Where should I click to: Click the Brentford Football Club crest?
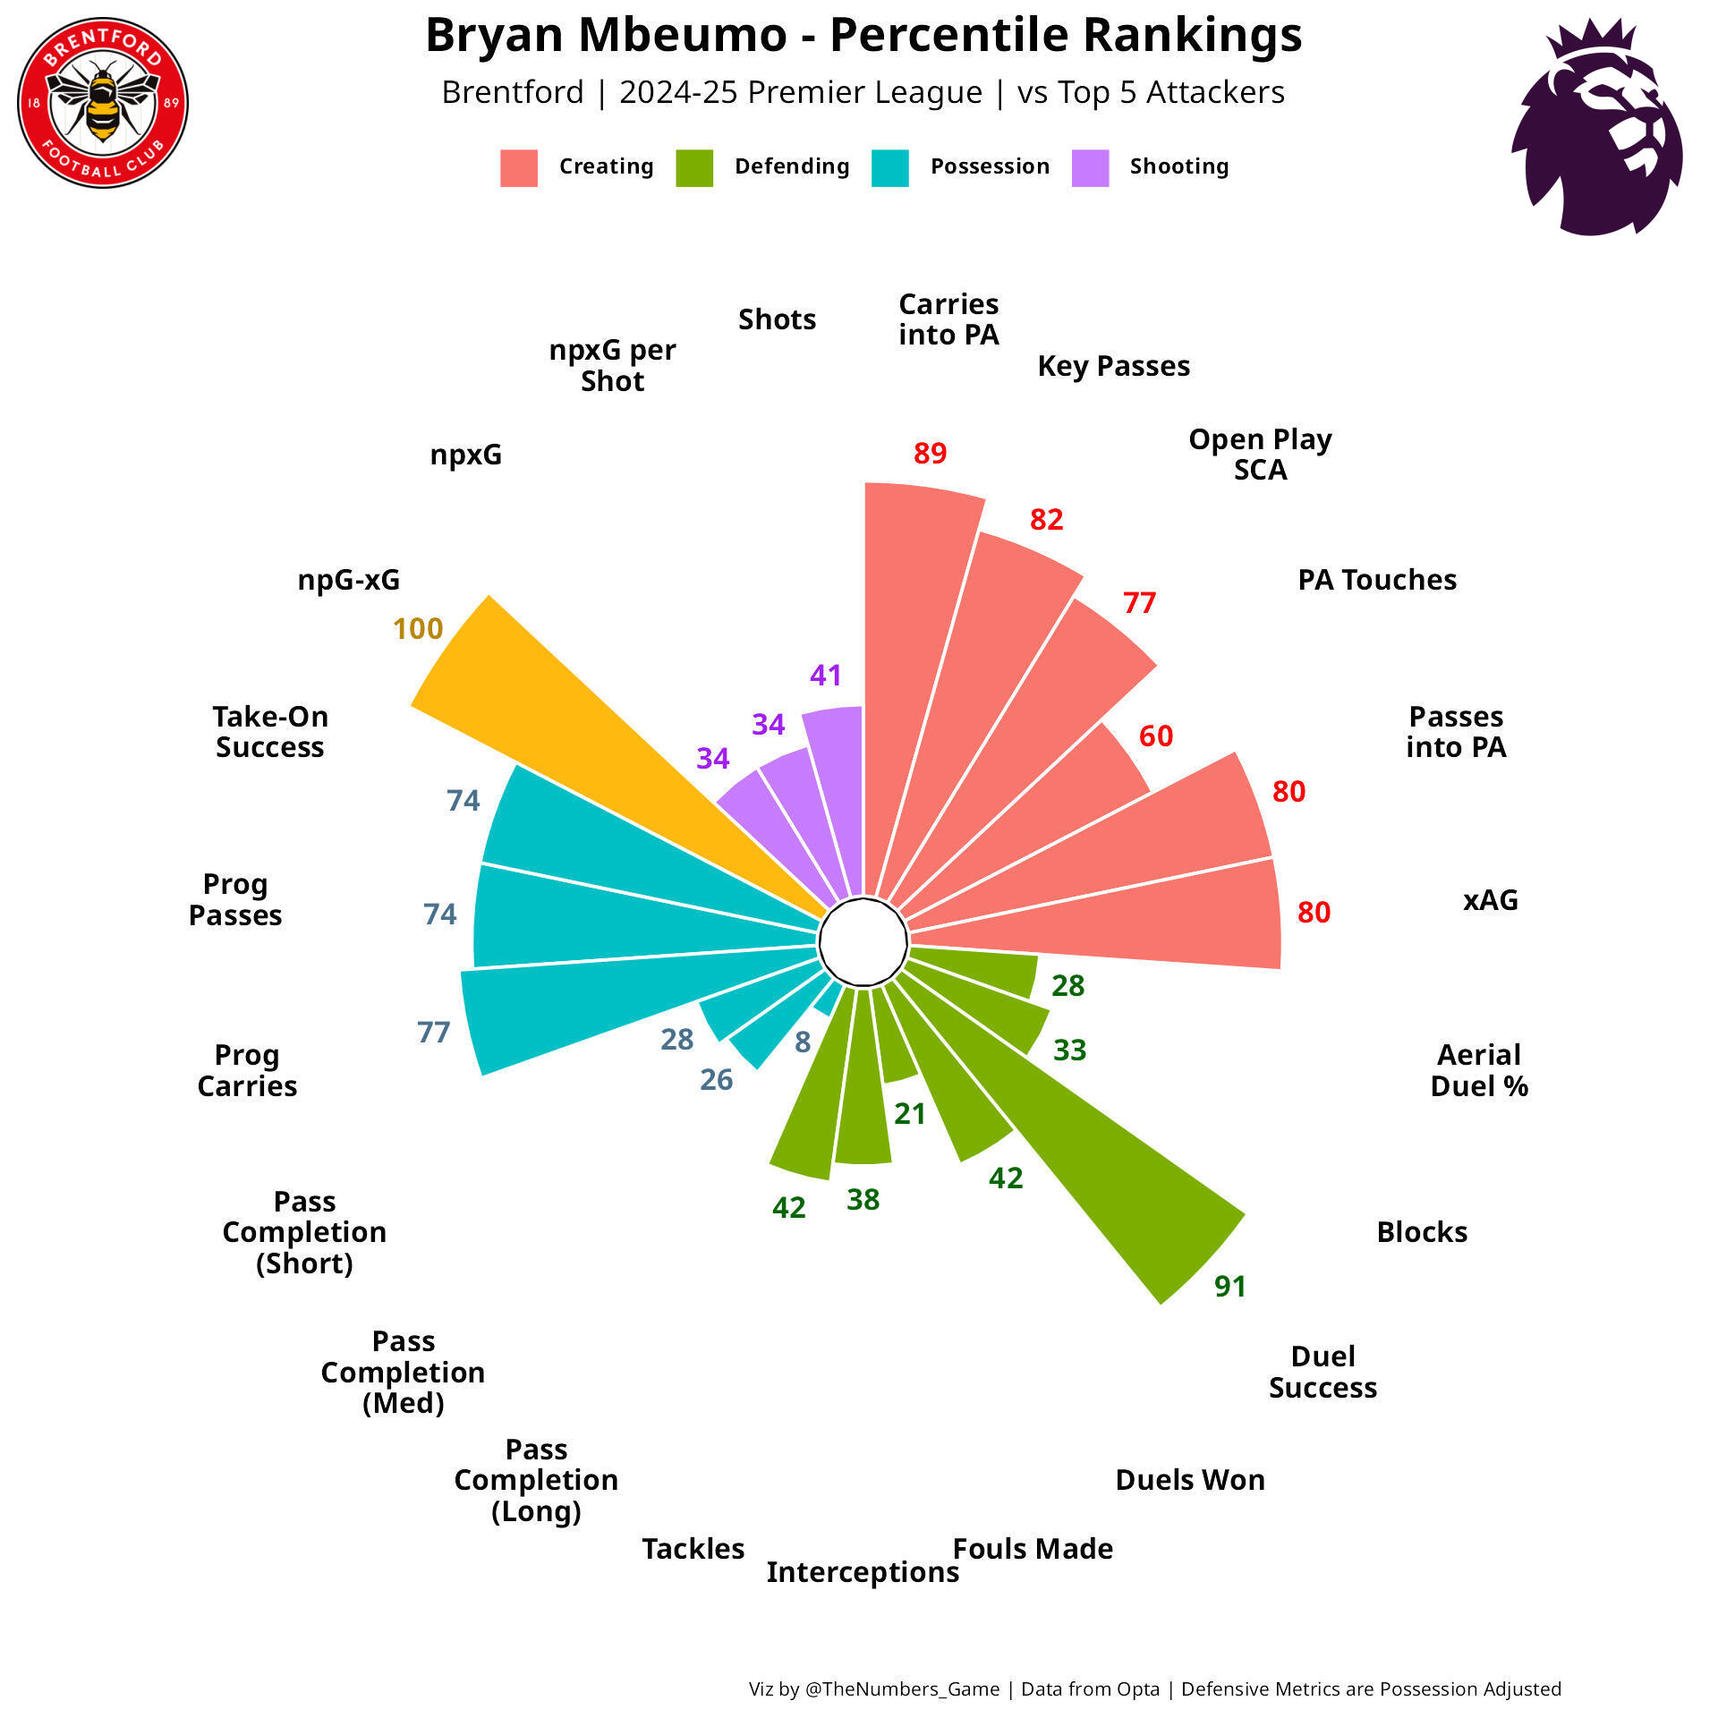[x=103, y=103]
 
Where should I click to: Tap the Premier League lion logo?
[x=1597, y=128]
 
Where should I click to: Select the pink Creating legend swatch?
[x=519, y=167]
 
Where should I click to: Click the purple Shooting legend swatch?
[x=1090, y=167]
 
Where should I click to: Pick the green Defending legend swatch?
[x=694, y=167]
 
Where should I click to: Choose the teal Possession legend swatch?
[x=889, y=167]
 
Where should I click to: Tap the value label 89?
[x=930, y=453]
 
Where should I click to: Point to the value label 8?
[x=803, y=1042]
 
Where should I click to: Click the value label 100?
[x=418, y=629]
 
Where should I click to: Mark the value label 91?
[x=1230, y=1287]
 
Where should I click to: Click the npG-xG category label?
[x=349, y=580]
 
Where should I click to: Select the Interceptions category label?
[x=863, y=1572]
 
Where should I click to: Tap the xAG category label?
[x=1491, y=899]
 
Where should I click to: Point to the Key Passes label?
[x=1114, y=366]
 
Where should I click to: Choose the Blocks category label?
[x=1422, y=1232]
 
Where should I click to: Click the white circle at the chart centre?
[x=863, y=942]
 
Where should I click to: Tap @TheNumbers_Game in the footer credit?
[x=902, y=1689]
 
